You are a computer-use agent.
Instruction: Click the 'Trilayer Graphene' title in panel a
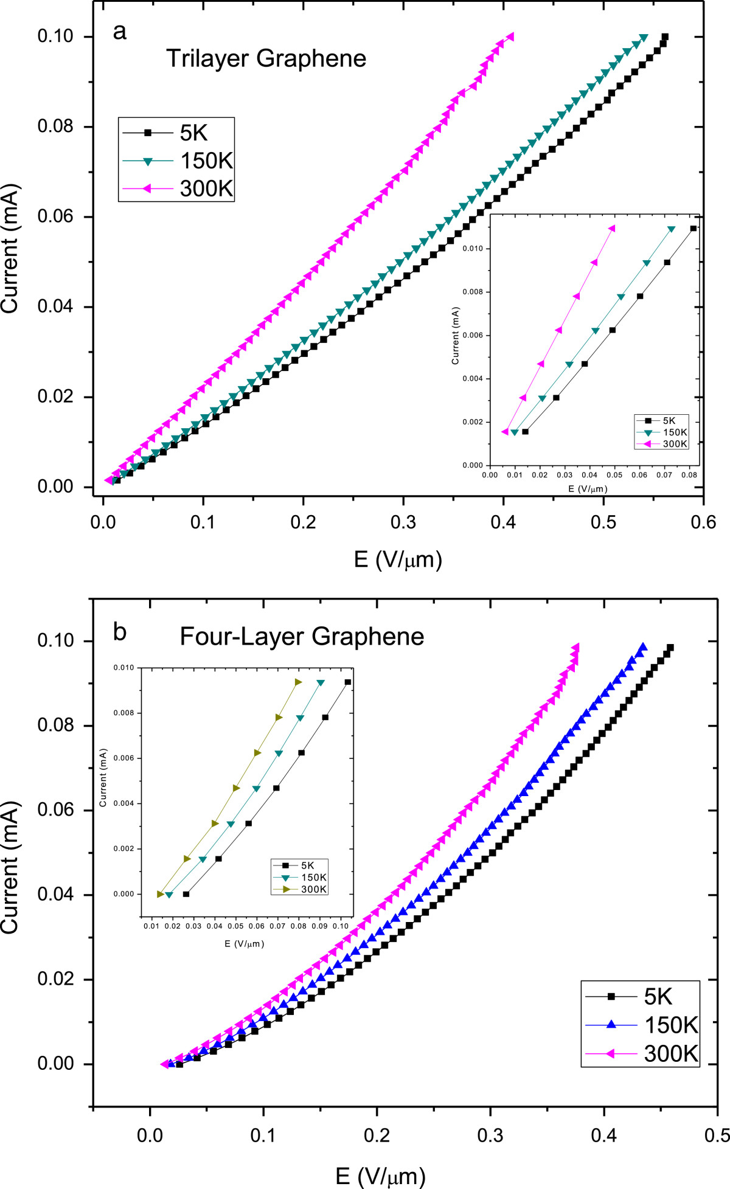tap(266, 59)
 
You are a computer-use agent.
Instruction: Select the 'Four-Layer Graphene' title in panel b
tap(302, 637)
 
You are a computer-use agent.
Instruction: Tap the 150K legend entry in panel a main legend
tap(206, 161)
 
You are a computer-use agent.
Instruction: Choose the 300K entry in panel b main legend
tap(671, 1053)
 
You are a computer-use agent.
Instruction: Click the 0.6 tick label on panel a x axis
tap(703, 522)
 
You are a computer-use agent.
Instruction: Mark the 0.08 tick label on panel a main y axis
tap(55, 127)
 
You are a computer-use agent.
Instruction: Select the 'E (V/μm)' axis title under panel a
tap(398, 559)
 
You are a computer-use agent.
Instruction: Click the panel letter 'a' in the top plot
tap(120, 32)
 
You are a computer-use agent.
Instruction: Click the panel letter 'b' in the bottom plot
tap(120, 633)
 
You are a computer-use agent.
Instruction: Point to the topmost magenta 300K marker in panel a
tap(509, 36)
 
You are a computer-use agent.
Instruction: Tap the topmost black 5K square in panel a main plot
tap(665, 36)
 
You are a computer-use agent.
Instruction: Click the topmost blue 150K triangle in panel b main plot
tap(642, 646)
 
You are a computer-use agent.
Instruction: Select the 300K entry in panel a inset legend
tap(675, 444)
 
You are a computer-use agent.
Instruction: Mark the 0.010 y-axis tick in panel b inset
tap(123, 668)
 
